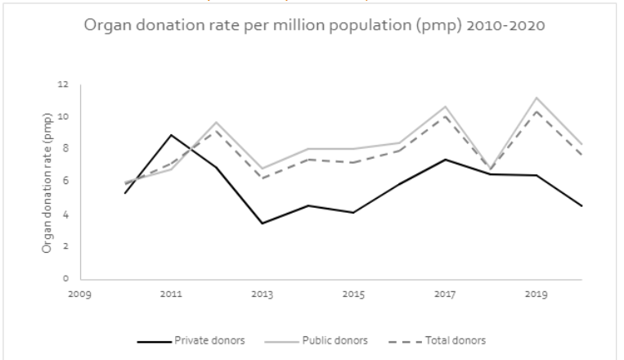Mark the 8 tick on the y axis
click(65, 149)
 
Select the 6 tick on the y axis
click(65, 182)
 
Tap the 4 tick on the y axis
click(65, 214)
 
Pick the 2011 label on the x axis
click(170, 293)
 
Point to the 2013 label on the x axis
click(262, 293)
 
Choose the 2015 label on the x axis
click(353, 293)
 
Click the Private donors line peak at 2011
click(170, 135)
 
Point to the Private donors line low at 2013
click(262, 223)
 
